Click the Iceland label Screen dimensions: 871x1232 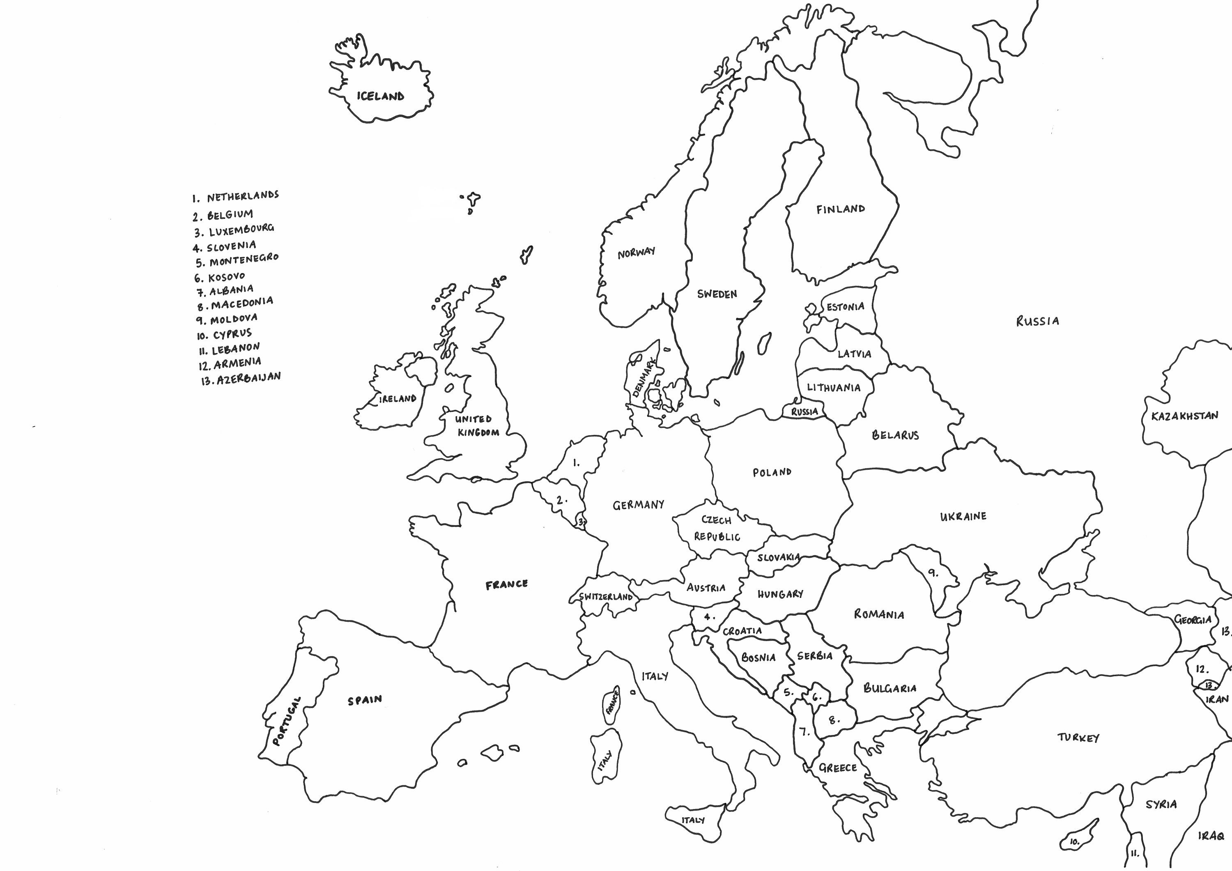pyautogui.click(x=380, y=97)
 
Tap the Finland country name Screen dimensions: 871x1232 pyautogui.click(x=840, y=209)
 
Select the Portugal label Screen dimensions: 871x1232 pyautogui.click(x=286, y=722)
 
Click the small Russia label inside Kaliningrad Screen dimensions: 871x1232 pyautogui.click(x=804, y=411)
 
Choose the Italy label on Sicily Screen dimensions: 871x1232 pyautogui.click(x=693, y=820)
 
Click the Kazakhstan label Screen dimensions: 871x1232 pyautogui.click(x=1185, y=416)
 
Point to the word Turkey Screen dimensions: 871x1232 pyautogui.click(x=1078, y=738)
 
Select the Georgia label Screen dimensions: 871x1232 pyautogui.click(x=1193, y=620)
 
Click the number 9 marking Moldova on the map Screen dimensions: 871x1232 pyautogui.click(x=934, y=572)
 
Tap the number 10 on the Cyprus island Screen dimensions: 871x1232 pyautogui.click(x=1074, y=842)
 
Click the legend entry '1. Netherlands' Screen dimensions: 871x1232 pyautogui.click(x=236, y=196)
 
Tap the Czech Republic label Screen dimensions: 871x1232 pyautogui.click(x=717, y=528)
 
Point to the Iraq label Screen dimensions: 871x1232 pyautogui.click(x=1211, y=836)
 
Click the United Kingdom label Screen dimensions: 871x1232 pyautogui.click(x=476, y=425)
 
